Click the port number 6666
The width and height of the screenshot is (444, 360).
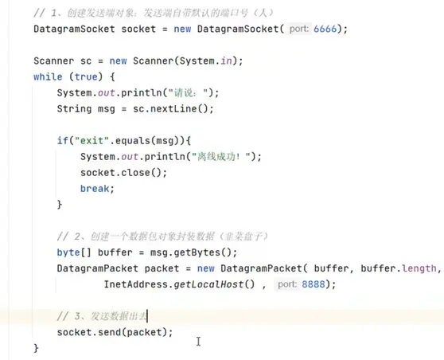pyautogui.click(x=325, y=29)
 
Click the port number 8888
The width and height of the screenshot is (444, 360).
pyautogui.click(x=314, y=284)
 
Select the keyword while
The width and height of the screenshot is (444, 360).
pyautogui.click(x=48, y=76)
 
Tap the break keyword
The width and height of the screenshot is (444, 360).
pyautogui.click(x=95, y=189)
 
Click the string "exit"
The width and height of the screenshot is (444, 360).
pyautogui.click(x=92, y=141)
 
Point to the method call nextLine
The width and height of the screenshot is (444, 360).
pyautogui.click(x=173, y=109)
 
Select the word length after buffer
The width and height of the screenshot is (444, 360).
pyautogui.click(x=419, y=268)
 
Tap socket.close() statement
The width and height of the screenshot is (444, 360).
pyautogui.click(x=124, y=173)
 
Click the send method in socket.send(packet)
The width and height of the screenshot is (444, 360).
pyautogui.click(x=109, y=332)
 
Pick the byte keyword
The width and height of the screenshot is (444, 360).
pyautogui.click(x=68, y=252)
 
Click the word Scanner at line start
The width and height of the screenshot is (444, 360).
pyautogui.click(x=54, y=61)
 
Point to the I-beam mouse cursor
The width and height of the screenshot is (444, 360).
pyautogui.click(x=198, y=342)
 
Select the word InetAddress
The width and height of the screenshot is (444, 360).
pyautogui.click(x=135, y=284)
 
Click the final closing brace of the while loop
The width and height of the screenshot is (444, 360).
pyautogui.click(x=36, y=348)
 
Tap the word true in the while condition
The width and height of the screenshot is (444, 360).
pyautogui.click(x=86, y=76)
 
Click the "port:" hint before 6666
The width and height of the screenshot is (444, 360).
pyautogui.click(x=298, y=29)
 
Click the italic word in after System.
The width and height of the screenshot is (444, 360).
pyautogui.click(x=226, y=61)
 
